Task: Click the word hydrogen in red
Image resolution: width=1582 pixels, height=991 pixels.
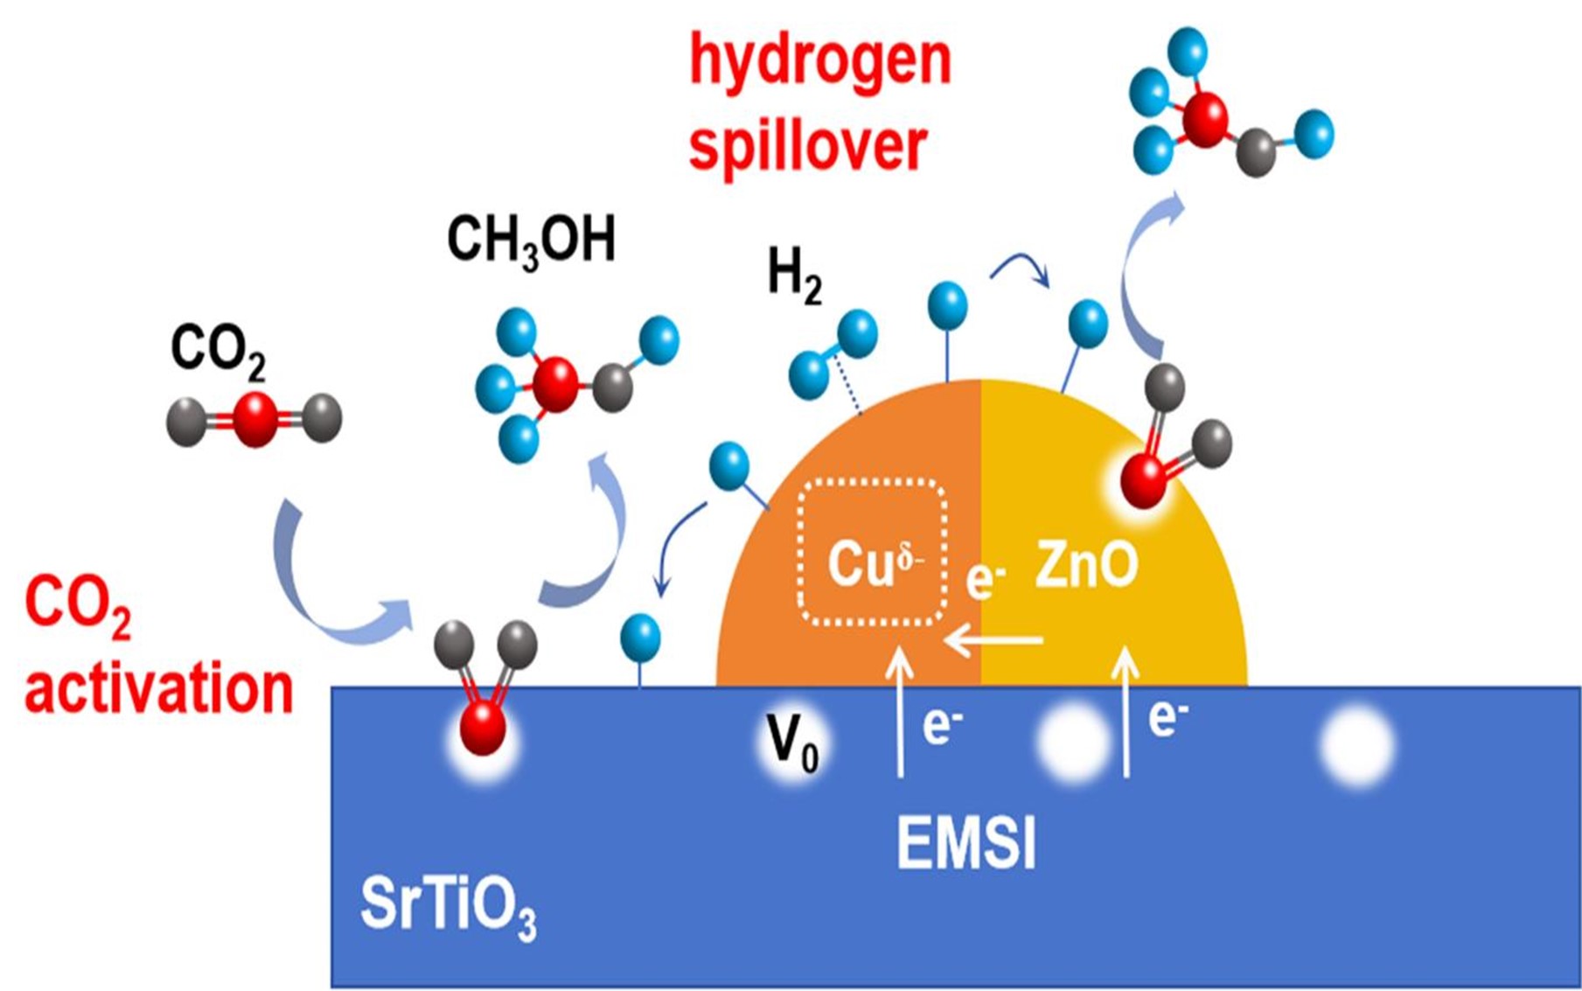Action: click(819, 63)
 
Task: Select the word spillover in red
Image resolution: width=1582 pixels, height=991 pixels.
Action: click(808, 147)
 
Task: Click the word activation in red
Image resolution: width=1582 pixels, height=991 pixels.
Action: click(158, 688)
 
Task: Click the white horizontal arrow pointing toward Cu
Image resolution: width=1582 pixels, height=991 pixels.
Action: click(993, 641)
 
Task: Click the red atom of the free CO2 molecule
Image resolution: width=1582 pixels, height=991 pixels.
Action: click(255, 419)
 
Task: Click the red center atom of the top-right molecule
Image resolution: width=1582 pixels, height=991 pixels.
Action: click(1203, 120)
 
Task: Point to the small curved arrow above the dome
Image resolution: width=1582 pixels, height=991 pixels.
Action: click(1021, 268)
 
